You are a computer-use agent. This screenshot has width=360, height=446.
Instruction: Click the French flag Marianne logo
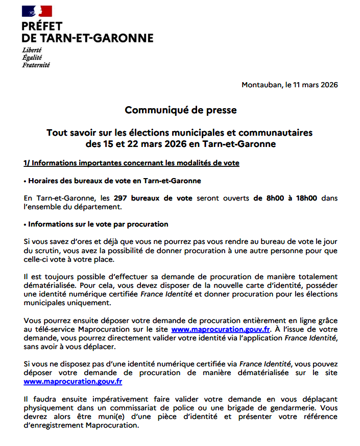coord(37,11)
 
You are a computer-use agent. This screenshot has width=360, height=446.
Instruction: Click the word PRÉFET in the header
coord(42,27)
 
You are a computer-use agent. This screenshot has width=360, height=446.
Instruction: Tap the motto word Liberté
coord(32,50)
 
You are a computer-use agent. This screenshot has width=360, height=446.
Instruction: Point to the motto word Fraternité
coord(36,65)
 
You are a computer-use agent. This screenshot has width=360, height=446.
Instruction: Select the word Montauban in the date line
coord(260,85)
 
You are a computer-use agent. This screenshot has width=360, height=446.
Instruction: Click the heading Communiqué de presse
coord(181,110)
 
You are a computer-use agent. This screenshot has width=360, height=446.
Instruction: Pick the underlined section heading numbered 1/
coord(131,163)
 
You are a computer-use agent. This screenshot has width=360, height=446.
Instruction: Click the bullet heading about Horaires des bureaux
coord(112,181)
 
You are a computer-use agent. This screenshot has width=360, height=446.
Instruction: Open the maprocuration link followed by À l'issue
coord(221,330)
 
